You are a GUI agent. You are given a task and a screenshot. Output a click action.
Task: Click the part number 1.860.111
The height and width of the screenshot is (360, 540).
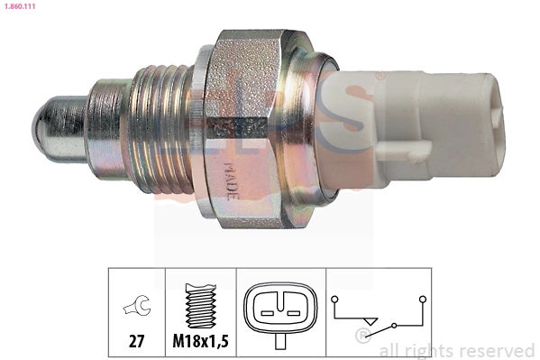23,6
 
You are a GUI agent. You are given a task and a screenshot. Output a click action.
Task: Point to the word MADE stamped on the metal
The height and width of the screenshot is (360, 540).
229,175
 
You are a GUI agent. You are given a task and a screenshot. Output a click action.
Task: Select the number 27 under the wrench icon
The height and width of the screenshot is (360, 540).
136,342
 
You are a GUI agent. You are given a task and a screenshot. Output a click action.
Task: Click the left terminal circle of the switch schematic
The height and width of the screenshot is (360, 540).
335,297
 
